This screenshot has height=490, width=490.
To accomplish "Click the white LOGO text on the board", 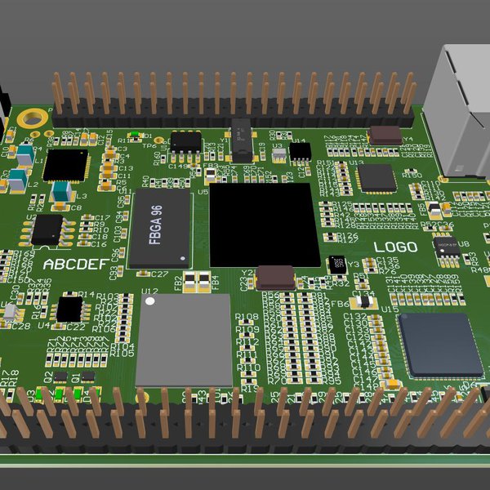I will pyautogui.click(x=395, y=247).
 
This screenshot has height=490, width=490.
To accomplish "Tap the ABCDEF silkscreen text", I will pyautogui.click(x=74, y=265).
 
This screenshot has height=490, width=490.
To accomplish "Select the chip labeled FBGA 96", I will pyautogui.click(x=159, y=229).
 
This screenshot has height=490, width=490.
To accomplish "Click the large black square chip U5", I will pyautogui.click(x=262, y=225).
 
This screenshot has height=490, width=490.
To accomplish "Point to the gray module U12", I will pyautogui.click(x=184, y=340).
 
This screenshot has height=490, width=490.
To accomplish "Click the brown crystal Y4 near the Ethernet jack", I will pyautogui.click(x=385, y=136).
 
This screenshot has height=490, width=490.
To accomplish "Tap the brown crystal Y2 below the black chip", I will pyautogui.click(x=275, y=278).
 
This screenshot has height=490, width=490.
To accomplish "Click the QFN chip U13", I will pyautogui.click(x=376, y=178).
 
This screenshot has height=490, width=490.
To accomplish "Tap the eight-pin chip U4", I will pyautogui.click(x=69, y=309).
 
